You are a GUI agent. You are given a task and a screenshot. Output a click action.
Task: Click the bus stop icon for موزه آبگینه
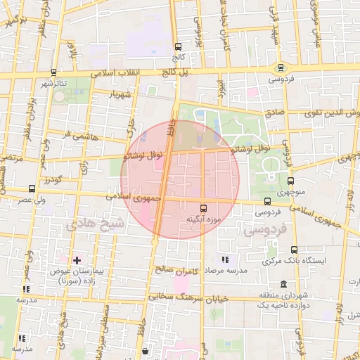[x=203, y=208]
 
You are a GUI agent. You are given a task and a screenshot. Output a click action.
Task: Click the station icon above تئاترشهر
[x=55, y=72]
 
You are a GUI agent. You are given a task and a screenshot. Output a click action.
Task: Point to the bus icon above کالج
[x=178, y=44]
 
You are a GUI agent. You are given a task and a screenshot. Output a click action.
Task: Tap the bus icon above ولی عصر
[x=32, y=188]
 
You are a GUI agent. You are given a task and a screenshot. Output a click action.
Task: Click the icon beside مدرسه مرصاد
[x=225, y=261]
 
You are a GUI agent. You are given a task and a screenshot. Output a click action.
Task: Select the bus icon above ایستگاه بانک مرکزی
[x=294, y=250]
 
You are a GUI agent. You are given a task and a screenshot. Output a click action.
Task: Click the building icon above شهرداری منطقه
[x=282, y=285]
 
